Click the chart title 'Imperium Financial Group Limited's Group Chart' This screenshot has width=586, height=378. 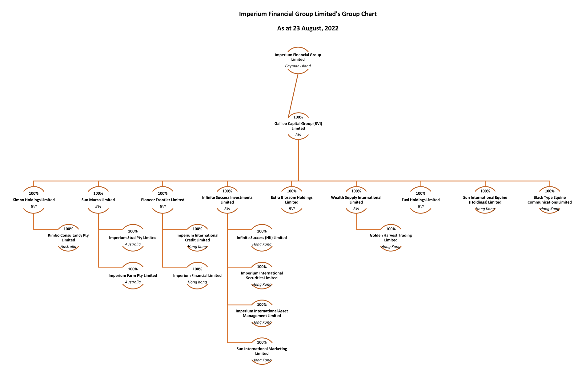(x=307, y=14)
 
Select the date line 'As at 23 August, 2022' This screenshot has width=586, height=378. (x=307, y=28)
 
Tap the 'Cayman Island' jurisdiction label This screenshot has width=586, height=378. (x=298, y=66)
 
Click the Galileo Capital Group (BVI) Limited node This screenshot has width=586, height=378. (x=298, y=126)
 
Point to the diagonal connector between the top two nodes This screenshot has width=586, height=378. (x=293, y=95)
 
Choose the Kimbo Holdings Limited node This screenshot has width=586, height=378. (x=34, y=200)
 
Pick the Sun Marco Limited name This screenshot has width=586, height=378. (x=98, y=200)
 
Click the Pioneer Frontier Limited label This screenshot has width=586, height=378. (x=163, y=200)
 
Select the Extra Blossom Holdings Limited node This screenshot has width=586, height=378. (x=291, y=200)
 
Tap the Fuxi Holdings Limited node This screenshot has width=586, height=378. (x=420, y=200)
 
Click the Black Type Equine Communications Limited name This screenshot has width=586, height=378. (x=549, y=200)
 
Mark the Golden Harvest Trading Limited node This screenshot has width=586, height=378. (x=391, y=238)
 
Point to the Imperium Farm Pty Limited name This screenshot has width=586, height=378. (x=133, y=276)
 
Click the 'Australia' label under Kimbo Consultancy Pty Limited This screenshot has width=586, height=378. (x=68, y=247)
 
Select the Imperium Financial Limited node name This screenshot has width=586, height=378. (x=197, y=276)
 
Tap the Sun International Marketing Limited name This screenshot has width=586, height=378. (x=262, y=351)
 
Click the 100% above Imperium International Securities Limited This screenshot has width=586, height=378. (x=262, y=267)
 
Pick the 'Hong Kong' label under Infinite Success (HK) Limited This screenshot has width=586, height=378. (x=262, y=245)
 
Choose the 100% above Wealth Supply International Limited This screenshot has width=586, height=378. (x=356, y=191)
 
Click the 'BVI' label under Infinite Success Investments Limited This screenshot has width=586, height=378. (x=227, y=209)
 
